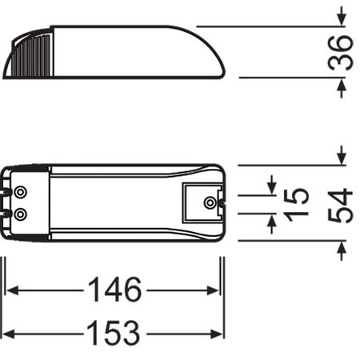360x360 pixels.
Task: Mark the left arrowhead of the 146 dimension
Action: click(x=14, y=291)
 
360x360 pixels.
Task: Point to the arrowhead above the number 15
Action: click(x=271, y=185)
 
